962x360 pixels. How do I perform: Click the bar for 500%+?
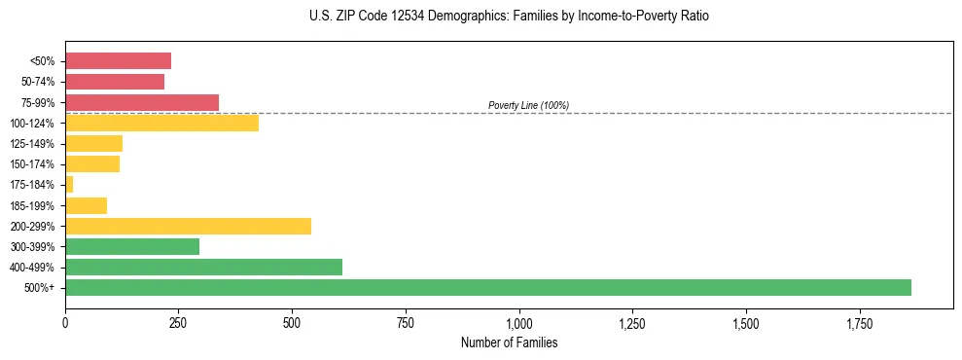[x=487, y=288]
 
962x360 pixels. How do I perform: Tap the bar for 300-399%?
[x=132, y=247]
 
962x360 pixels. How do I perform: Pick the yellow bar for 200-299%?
[x=188, y=226]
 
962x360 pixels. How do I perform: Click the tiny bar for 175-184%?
[x=69, y=185]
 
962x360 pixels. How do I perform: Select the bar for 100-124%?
[x=161, y=123]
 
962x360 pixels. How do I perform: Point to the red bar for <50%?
[x=118, y=60]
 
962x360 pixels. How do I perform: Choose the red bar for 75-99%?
[x=142, y=102]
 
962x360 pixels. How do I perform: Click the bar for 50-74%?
[x=115, y=82]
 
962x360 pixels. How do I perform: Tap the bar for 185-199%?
[x=86, y=205]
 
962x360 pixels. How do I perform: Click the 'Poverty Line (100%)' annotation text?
[x=528, y=105]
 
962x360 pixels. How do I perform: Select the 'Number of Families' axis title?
[x=509, y=343]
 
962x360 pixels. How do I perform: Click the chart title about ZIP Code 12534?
[x=509, y=17]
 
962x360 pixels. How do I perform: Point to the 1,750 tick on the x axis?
[x=746, y=322]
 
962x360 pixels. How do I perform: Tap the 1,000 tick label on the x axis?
[x=519, y=322]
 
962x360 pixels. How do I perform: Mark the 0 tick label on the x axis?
[x=65, y=322]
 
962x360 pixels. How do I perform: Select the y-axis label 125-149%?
[x=33, y=144]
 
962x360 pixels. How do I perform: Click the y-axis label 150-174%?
[x=33, y=164]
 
